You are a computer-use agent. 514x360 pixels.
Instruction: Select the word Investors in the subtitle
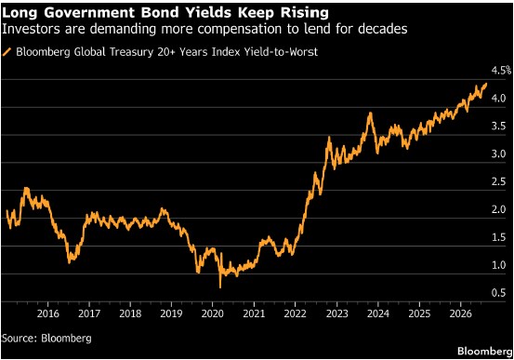[31, 29]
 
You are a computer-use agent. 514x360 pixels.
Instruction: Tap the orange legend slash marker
[7, 52]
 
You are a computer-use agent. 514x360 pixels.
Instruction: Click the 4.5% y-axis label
[501, 70]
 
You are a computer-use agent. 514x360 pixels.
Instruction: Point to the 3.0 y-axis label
[498, 153]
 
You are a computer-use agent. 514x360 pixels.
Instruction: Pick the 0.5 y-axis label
[498, 293]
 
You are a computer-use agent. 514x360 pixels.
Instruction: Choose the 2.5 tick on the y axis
[498, 181]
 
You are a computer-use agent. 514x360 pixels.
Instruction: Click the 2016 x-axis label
[48, 313]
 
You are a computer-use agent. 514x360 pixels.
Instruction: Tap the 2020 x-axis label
[213, 313]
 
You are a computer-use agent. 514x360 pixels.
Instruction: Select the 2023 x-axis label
[337, 313]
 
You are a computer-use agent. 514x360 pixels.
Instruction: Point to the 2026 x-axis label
[461, 313]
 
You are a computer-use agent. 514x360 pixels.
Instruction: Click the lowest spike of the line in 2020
[220, 287]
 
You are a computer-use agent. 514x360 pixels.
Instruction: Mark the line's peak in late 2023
[371, 113]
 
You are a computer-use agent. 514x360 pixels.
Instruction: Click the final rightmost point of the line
[486, 84]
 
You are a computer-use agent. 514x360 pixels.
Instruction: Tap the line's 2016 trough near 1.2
[69, 262]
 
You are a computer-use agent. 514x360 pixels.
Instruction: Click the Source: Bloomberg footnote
[46, 338]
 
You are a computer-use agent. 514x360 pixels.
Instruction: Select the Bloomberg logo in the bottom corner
[484, 351]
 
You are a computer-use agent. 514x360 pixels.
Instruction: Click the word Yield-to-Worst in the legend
[281, 52]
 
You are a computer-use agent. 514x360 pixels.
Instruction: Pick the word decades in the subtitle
[383, 29]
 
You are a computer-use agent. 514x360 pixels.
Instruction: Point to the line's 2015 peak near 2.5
[26, 189]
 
